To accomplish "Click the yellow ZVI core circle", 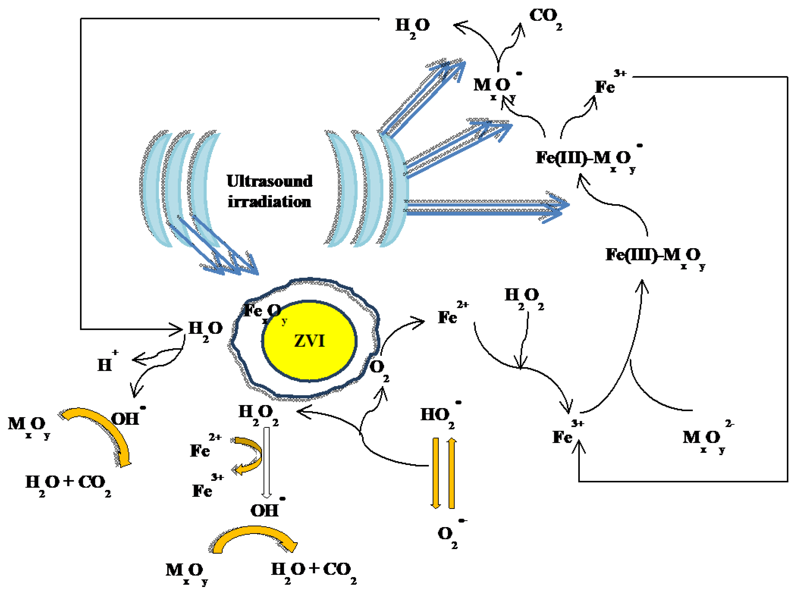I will click(309, 341).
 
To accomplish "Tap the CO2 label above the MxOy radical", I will click(545, 18).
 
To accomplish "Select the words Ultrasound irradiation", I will click(269, 191).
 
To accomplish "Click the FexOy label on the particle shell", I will click(264, 312).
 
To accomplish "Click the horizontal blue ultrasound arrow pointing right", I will click(485, 208).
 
